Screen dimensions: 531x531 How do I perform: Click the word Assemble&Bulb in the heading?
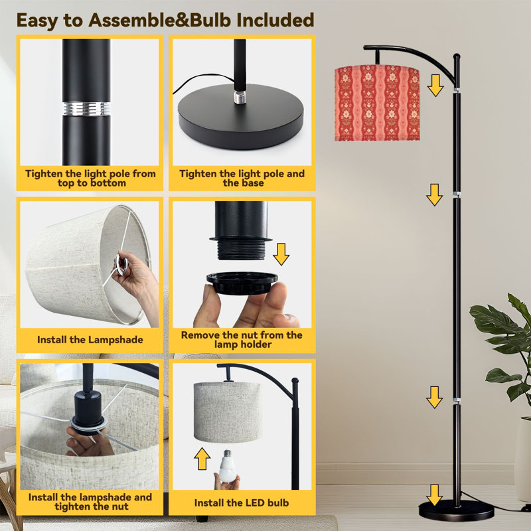point(161,21)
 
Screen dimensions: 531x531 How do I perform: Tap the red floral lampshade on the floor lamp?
point(377,104)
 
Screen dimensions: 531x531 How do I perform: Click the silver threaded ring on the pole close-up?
point(86,109)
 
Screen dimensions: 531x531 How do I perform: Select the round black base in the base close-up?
point(241,116)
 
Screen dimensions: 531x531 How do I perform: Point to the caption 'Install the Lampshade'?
point(90,340)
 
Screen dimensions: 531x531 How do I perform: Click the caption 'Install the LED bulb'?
point(242,503)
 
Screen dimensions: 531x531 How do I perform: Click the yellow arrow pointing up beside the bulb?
point(202,459)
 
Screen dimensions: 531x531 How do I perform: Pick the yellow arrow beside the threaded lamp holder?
point(281,254)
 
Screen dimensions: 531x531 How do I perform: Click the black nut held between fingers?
point(242,283)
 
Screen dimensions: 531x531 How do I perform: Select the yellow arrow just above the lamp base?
point(434,495)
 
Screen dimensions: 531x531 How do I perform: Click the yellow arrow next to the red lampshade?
point(435,86)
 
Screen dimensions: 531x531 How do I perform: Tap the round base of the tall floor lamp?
point(456,510)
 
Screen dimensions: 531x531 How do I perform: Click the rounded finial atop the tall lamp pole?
point(457,57)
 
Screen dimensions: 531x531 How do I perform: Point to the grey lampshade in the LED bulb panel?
point(227,412)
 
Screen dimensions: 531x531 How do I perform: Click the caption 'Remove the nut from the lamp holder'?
point(242,340)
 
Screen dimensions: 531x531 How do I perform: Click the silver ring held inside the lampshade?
point(121,263)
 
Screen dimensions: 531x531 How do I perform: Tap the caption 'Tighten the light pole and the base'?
point(242,178)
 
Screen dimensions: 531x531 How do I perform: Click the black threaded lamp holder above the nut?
point(241,230)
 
